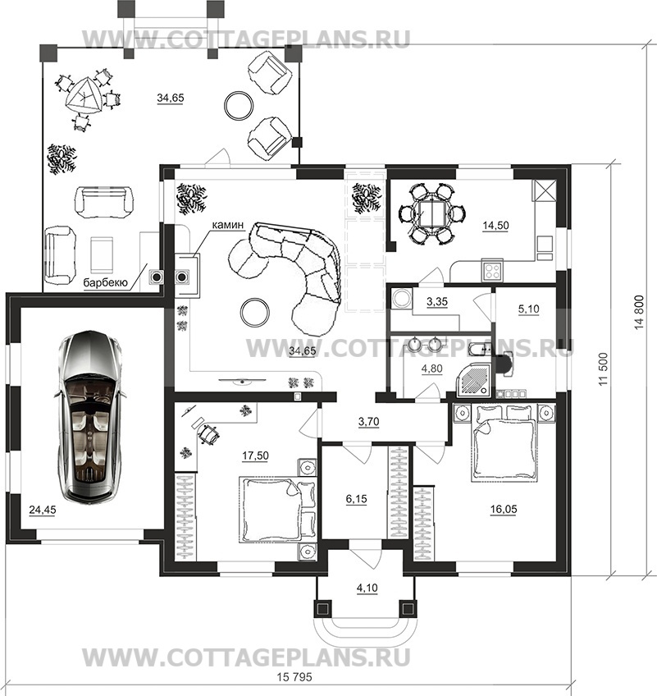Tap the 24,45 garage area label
click(43, 510)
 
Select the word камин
click(227, 225)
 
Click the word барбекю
click(106, 282)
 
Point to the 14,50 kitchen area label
click(495, 226)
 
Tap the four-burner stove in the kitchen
click(492, 270)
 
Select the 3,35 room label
click(437, 302)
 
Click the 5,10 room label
click(528, 309)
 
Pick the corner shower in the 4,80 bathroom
click(474, 378)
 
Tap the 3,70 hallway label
click(368, 422)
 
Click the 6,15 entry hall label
click(356, 499)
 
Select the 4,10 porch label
click(367, 588)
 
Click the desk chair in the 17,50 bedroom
click(208, 434)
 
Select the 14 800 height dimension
click(639, 312)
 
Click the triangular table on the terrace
click(84, 96)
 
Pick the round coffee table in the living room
click(254, 312)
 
